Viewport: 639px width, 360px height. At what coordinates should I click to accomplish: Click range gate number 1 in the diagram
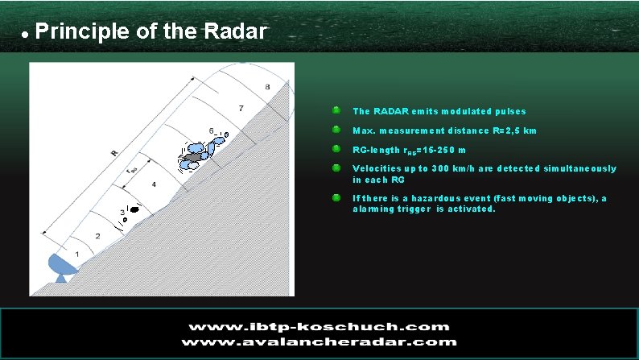[x=78, y=254]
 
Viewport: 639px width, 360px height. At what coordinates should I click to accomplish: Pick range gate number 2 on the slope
[x=98, y=236]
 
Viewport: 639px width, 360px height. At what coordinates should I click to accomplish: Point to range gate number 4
[x=154, y=185]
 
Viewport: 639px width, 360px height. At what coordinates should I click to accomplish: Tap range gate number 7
[x=241, y=107]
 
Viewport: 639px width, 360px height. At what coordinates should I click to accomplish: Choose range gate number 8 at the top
[x=267, y=86]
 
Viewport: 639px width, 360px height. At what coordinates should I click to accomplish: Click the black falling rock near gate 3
[x=135, y=209]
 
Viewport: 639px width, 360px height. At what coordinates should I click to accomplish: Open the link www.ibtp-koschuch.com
[x=319, y=326]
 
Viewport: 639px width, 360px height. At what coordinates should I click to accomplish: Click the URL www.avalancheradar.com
[x=319, y=341]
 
